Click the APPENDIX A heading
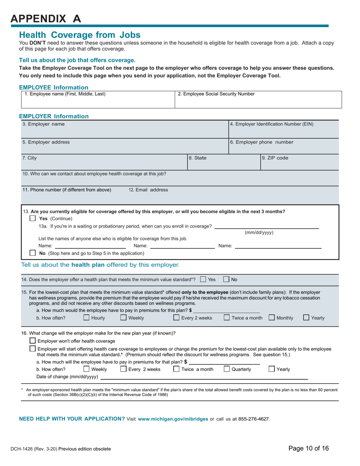click(x=46, y=19)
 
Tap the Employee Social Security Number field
click(x=258, y=100)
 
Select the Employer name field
click(x=125, y=130)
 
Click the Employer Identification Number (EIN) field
click(x=284, y=130)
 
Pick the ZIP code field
click(x=299, y=162)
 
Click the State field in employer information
click(x=208, y=162)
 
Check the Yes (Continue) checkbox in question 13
click(x=33, y=219)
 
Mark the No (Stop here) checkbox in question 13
click(x=33, y=253)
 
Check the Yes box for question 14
click(x=203, y=280)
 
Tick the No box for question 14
click(x=226, y=280)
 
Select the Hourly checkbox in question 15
click(x=86, y=318)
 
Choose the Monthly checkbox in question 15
click(x=272, y=318)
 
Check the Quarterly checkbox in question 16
click(x=227, y=369)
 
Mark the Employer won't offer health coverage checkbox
click(x=33, y=341)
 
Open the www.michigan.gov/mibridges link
click(x=173, y=419)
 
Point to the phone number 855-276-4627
click(x=254, y=419)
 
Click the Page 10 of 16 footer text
click(x=308, y=449)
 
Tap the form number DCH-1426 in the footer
click(x=25, y=449)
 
